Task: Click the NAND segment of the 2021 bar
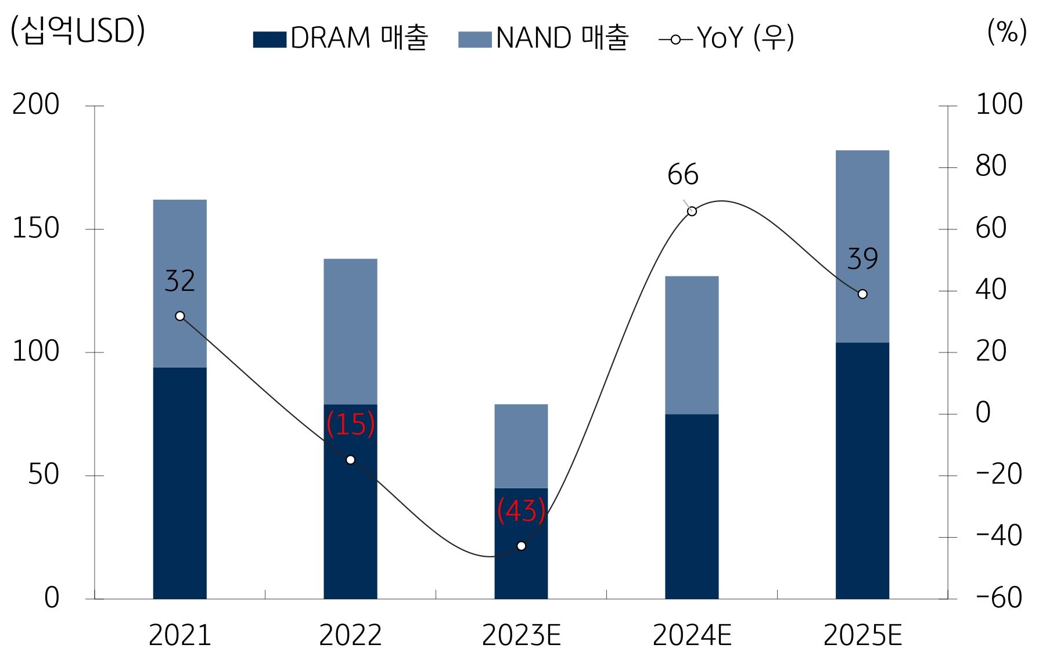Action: (179, 244)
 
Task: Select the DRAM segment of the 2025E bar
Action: (862, 470)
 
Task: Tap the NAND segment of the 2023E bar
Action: (521, 446)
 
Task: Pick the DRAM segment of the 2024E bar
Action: (691, 505)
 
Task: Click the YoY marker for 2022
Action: (350, 460)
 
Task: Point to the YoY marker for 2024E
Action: (692, 211)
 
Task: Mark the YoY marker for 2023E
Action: (521, 546)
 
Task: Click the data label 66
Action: (682, 175)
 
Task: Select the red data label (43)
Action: (521, 512)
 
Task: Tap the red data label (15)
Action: (350, 424)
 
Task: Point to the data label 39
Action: (862, 259)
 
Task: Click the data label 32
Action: (179, 282)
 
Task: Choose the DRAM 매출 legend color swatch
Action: (269, 39)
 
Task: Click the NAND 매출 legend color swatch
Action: (475, 39)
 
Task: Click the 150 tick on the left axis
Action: (36, 229)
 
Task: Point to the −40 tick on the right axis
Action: (998, 536)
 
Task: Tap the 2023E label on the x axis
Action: (521, 635)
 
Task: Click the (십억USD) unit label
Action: (77, 31)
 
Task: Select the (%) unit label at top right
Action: (1007, 31)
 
